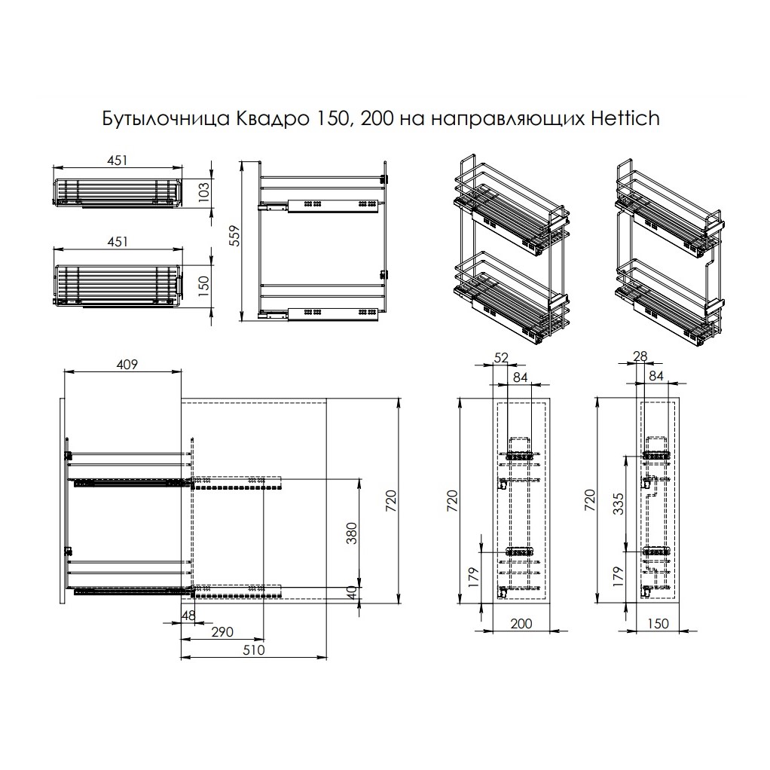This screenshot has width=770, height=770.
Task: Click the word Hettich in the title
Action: [x=625, y=119]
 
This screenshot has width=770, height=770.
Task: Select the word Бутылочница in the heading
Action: [x=166, y=119]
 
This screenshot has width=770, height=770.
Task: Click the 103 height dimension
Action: [x=203, y=190]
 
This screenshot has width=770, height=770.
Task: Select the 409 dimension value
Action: [x=127, y=365]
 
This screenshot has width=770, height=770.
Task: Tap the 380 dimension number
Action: [x=352, y=533]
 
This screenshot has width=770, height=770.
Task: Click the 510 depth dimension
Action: [x=253, y=649]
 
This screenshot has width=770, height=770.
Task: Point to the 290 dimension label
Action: [x=222, y=631]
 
